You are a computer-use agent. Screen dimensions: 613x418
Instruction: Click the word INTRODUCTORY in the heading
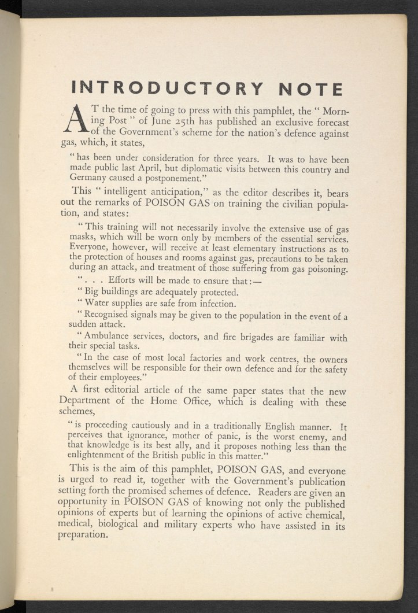click(167, 88)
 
